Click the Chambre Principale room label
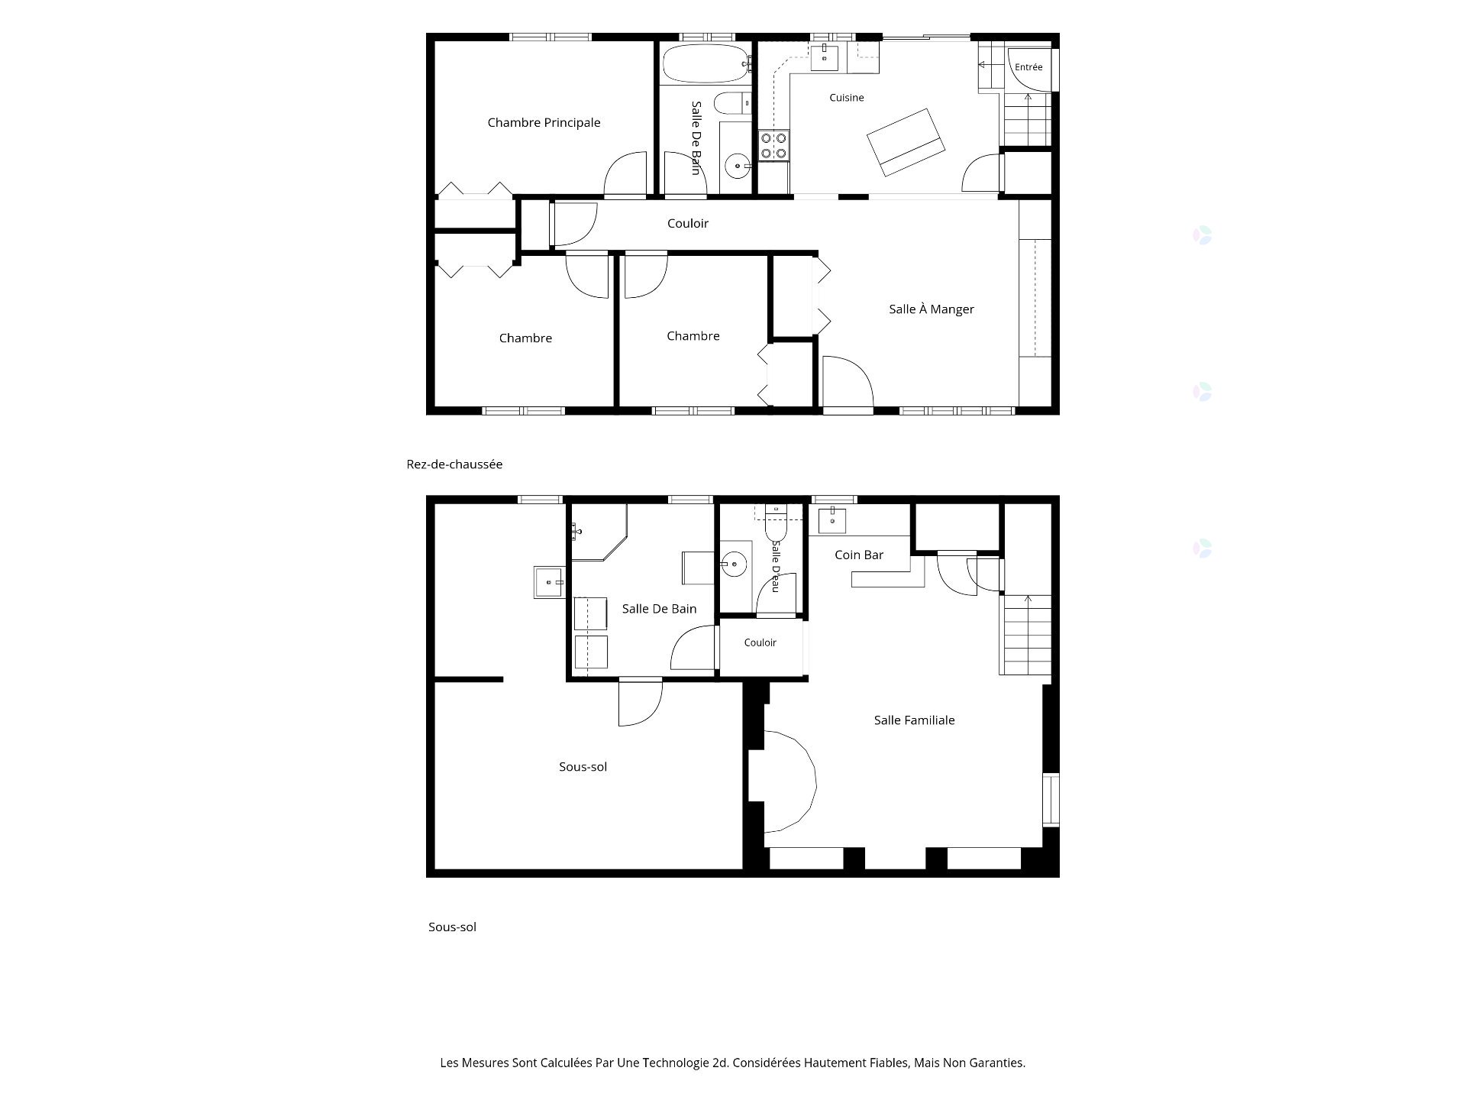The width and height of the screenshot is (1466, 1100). click(544, 123)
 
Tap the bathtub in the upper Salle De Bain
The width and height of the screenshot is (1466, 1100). click(706, 63)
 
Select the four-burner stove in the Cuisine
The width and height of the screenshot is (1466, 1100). click(774, 145)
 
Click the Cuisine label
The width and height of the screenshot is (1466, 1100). click(847, 98)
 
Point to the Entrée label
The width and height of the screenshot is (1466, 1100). click(1028, 67)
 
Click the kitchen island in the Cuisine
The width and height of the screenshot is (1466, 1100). click(906, 142)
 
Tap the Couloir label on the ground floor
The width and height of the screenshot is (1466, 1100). click(688, 224)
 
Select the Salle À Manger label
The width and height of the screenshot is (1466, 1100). click(932, 309)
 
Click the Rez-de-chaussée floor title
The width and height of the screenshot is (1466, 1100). click(454, 464)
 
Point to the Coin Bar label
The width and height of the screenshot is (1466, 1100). click(859, 555)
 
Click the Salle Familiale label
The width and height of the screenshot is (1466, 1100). click(915, 720)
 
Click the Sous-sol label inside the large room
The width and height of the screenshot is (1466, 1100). click(583, 767)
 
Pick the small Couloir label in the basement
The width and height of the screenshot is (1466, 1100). click(760, 643)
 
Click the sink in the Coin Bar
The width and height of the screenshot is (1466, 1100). click(832, 519)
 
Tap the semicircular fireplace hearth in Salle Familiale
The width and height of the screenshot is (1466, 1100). click(790, 781)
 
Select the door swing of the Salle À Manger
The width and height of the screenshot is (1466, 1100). click(847, 382)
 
